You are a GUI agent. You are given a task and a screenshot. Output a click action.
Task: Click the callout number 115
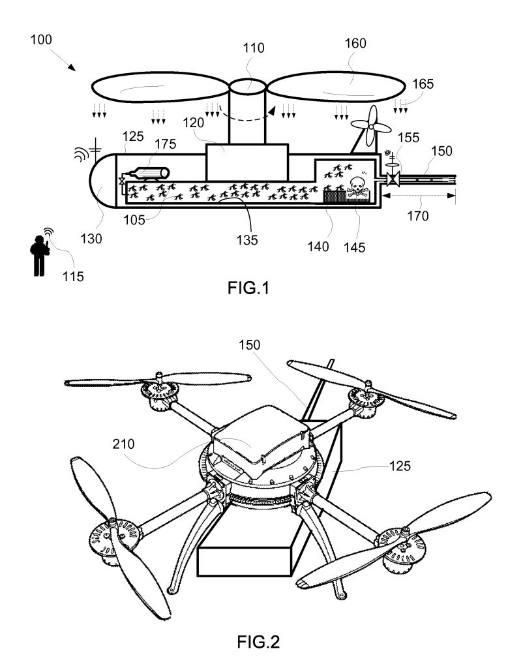click(x=73, y=277)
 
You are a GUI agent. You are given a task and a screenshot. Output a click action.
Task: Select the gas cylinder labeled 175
click(x=149, y=174)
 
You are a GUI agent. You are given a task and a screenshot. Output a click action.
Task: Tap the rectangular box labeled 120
click(x=246, y=162)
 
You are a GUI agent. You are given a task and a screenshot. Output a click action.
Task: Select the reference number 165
click(x=423, y=83)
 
